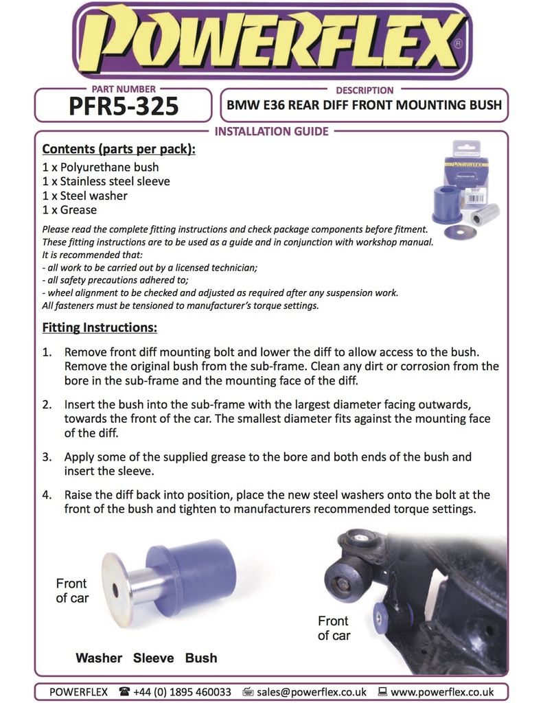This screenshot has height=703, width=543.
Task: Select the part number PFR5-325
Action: [124, 106]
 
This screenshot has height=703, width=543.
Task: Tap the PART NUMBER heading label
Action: [124, 89]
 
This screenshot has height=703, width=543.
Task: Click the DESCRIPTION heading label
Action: [365, 90]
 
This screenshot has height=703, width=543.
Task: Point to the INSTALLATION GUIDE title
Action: [272, 131]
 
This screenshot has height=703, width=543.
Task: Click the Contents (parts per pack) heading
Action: [119, 150]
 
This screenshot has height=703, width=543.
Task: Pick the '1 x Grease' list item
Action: [69, 210]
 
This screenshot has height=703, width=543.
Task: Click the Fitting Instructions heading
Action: [100, 328]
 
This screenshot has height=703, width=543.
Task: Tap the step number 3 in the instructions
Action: [47, 457]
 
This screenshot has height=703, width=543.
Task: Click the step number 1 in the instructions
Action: [47, 351]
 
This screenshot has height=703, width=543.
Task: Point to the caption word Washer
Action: [99, 658]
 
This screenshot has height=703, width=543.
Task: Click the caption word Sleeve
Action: [153, 658]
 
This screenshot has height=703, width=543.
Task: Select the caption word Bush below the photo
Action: [201, 658]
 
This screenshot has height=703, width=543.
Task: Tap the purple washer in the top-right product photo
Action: [460, 232]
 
